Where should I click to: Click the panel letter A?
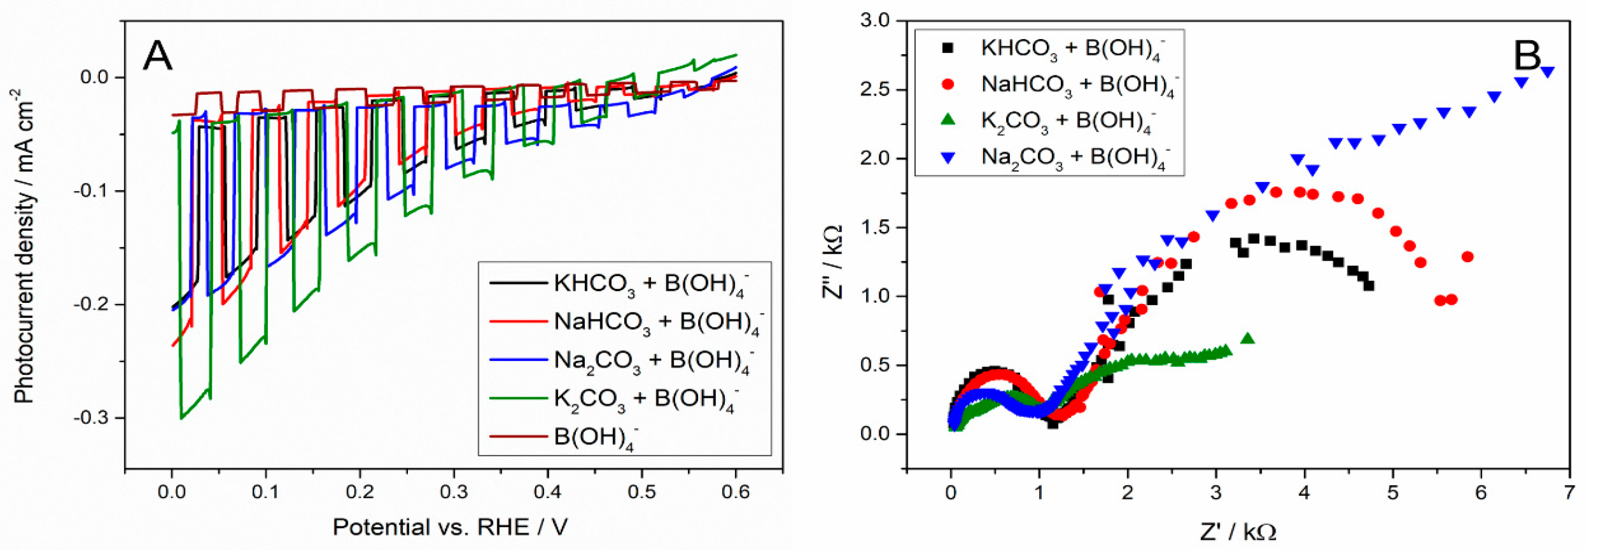click(157, 56)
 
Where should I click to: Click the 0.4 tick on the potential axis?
click(547, 493)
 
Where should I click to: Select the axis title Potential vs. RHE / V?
click(450, 527)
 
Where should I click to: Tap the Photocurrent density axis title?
click(23, 245)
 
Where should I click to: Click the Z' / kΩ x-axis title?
click(1238, 532)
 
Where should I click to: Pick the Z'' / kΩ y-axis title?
click(833, 262)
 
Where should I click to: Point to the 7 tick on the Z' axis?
click(1569, 493)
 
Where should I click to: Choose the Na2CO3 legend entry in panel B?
click(1074, 157)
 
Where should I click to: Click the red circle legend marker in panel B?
click(947, 84)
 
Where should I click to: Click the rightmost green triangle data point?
click(1248, 339)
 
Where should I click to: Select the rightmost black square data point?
click(1369, 286)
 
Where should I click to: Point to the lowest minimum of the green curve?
click(182, 418)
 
